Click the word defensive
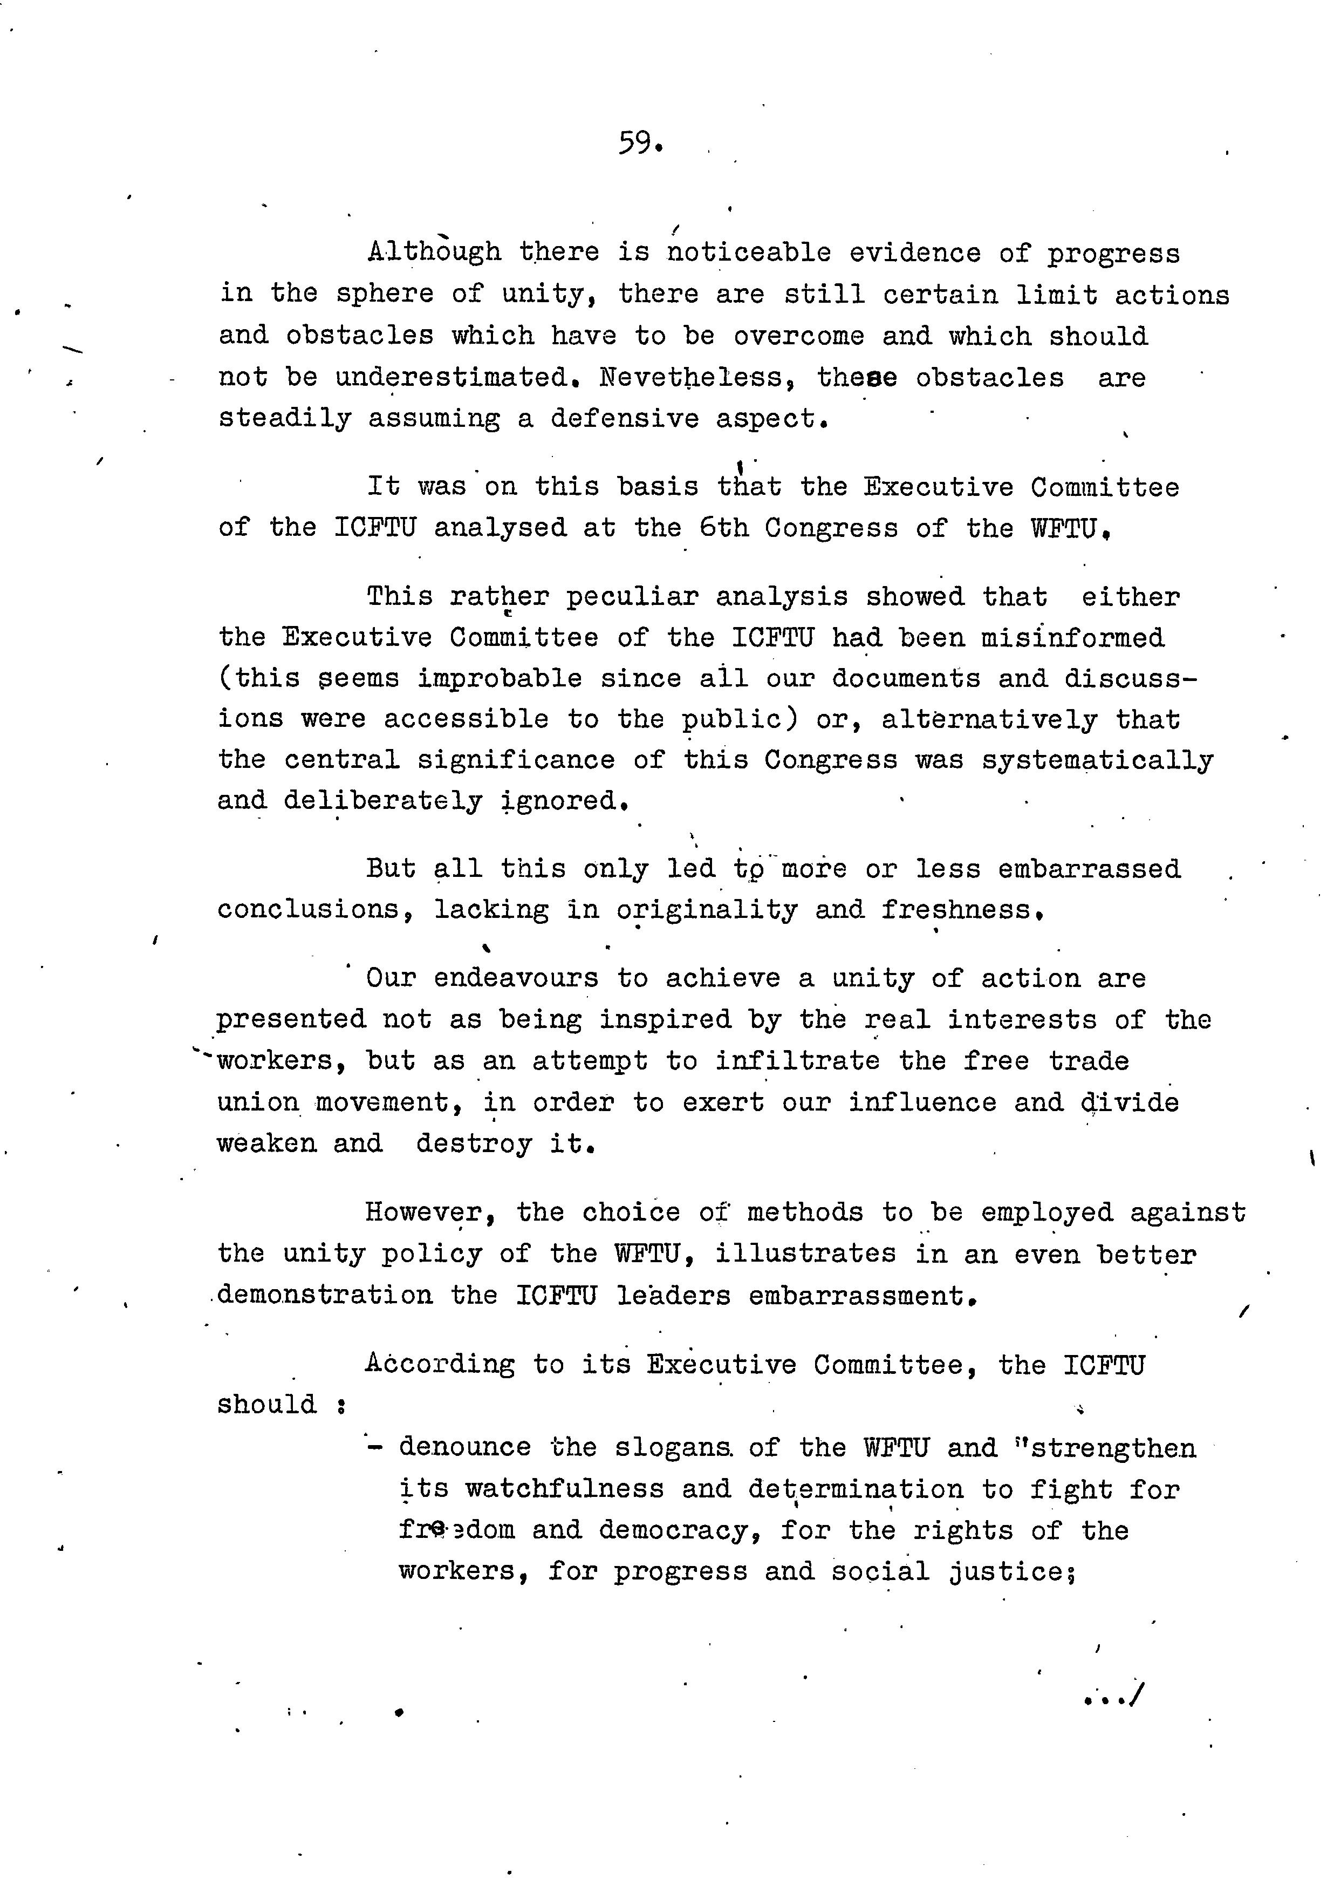coord(624,419)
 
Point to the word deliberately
coord(382,801)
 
